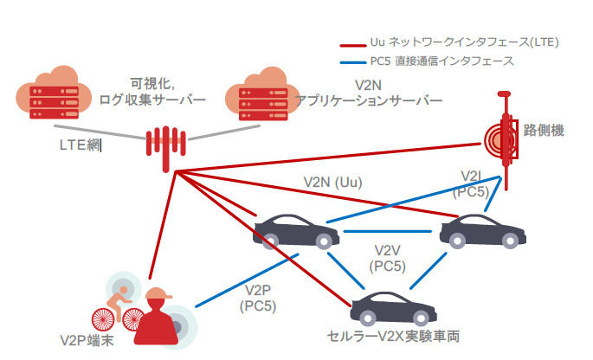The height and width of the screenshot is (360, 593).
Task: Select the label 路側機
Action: [544, 131]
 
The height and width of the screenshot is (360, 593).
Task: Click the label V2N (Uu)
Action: [332, 183]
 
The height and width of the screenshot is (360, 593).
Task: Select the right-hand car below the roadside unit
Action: [482, 228]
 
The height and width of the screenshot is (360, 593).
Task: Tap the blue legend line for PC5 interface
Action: [355, 61]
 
